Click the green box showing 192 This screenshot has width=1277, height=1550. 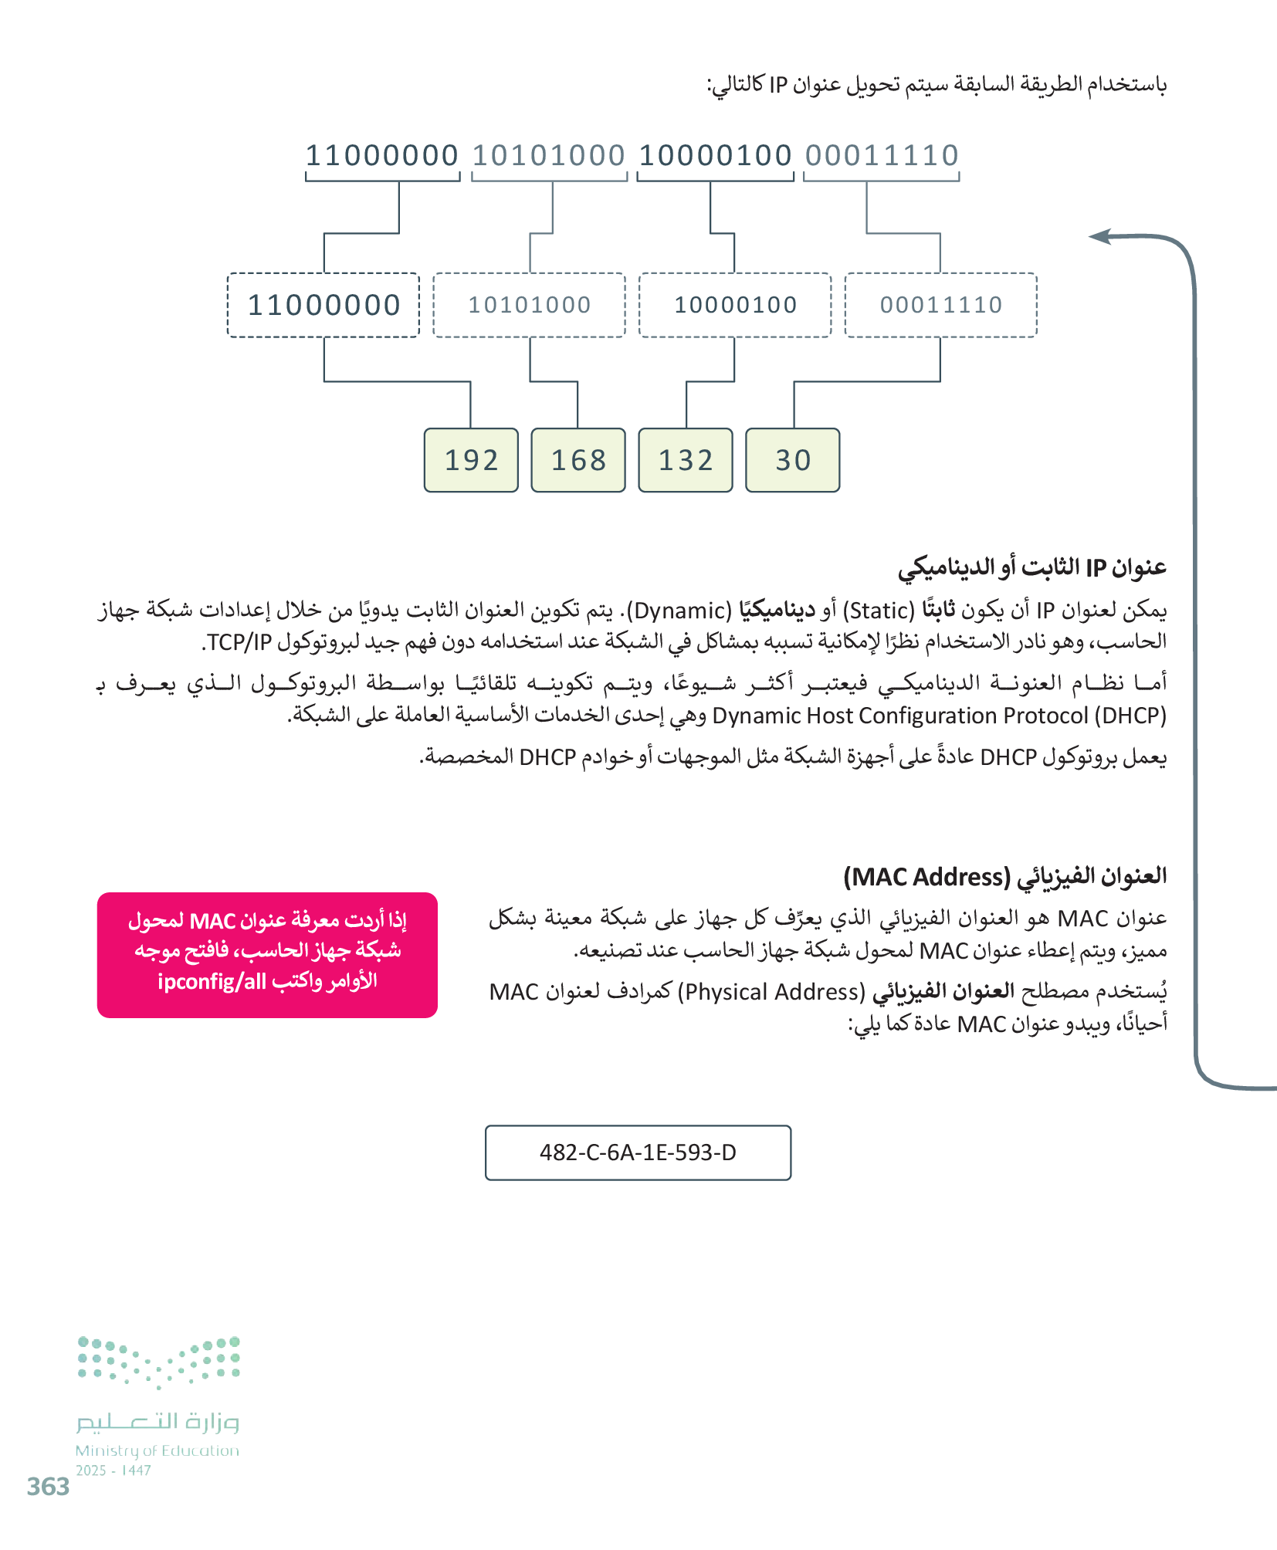click(x=471, y=460)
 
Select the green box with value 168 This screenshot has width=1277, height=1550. click(x=578, y=460)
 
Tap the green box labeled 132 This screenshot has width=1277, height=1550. click(x=686, y=460)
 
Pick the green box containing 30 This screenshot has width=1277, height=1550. click(x=792, y=460)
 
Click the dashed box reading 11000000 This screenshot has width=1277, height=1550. click(x=323, y=305)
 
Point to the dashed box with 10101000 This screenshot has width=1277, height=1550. click(x=530, y=305)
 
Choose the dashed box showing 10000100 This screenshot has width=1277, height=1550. click(x=735, y=305)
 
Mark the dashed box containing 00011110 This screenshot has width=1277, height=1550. click(x=941, y=305)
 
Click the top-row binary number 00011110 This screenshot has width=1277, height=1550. click(x=882, y=156)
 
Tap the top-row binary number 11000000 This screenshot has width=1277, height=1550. click(x=382, y=156)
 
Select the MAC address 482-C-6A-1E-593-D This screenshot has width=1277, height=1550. click(x=638, y=1152)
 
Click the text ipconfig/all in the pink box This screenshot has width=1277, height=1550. click(x=212, y=982)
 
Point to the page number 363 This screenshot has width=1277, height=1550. click(x=48, y=1487)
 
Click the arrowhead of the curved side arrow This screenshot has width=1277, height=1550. click(x=1099, y=237)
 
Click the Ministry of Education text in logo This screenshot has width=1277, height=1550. click(x=158, y=1451)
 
